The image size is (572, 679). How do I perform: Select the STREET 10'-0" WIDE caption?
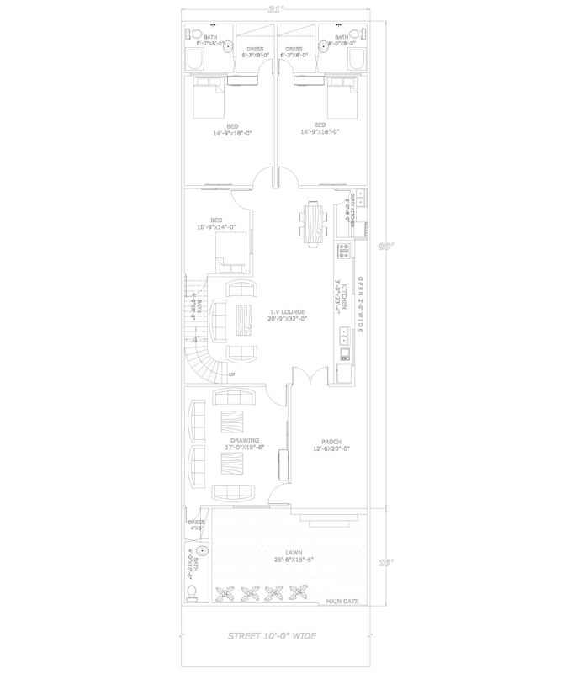pos(272,636)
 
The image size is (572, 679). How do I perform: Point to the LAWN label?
pos(294,553)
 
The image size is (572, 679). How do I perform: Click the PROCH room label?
pos(329,443)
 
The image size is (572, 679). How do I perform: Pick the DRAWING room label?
pos(244,440)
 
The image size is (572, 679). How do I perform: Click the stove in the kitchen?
pos(344,250)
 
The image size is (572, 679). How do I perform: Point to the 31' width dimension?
pos(273,9)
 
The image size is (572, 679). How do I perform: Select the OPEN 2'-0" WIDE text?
pos(361,304)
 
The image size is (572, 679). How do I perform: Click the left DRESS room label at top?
pos(253,52)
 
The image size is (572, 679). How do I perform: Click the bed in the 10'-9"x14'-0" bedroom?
pos(232,252)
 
